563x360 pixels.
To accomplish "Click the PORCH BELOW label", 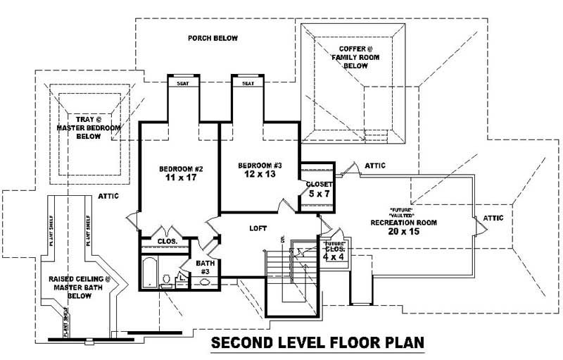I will point(213,38).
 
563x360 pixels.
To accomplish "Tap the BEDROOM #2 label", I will point(181,169).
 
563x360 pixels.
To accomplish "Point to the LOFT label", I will point(258,228).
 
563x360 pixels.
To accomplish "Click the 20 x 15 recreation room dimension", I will point(404,231).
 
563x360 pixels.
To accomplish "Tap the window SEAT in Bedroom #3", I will point(248,83).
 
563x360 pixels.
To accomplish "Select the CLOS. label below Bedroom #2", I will point(167,241).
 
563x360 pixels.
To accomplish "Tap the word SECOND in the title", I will point(243,343).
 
